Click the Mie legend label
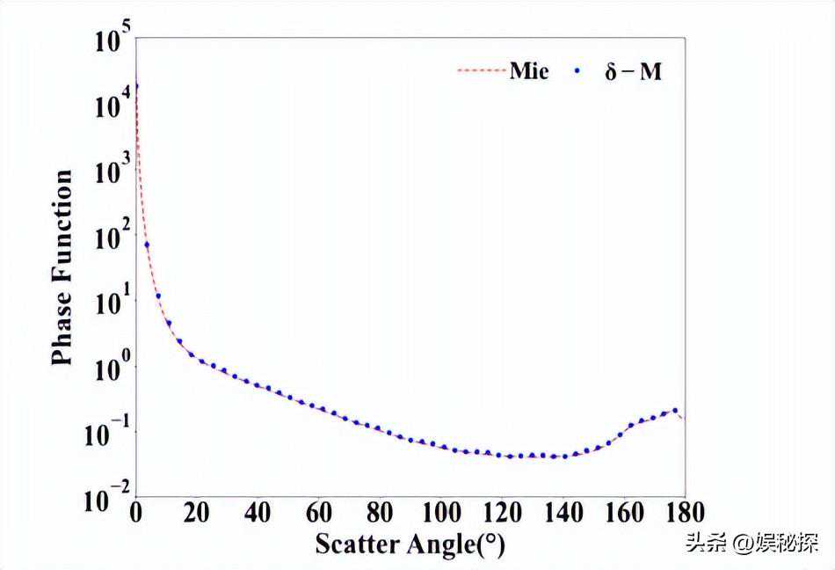tap(529, 71)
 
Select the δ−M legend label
tap(633, 72)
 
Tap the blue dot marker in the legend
tap(579, 72)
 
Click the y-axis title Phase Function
tap(62, 267)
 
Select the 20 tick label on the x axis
tap(196, 512)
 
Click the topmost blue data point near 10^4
tap(136, 86)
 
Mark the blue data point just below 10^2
tap(147, 245)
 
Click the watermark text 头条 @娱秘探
tap(751, 544)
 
